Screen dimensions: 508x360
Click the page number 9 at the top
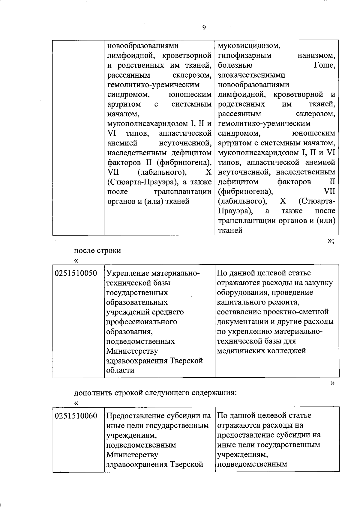click(204, 28)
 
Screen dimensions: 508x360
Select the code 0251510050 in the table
click(76, 273)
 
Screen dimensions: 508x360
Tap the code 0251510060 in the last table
click(76, 416)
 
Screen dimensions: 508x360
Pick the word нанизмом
click(316, 56)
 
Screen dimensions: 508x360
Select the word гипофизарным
click(244, 56)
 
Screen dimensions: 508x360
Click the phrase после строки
click(97, 251)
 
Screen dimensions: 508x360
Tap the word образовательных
click(137, 302)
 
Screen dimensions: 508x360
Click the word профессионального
click(142, 322)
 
